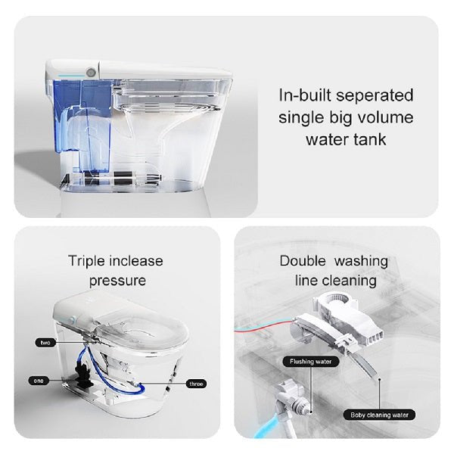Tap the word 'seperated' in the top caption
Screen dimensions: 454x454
pyautogui.click(x=378, y=96)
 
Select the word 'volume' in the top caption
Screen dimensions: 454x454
pyautogui.click(x=383, y=117)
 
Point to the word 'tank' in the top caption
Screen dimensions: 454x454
pyautogui.click(x=368, y=139)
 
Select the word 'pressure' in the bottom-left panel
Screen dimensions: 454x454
pyautogui.click(x=116, y=281)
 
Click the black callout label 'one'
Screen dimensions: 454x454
pyautogui.click(x=38, y=379)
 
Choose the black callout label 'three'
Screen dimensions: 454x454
pyautogui.click(x=196, y=384)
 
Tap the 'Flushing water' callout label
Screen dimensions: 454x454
pyautogui.click(x=312, y=362)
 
